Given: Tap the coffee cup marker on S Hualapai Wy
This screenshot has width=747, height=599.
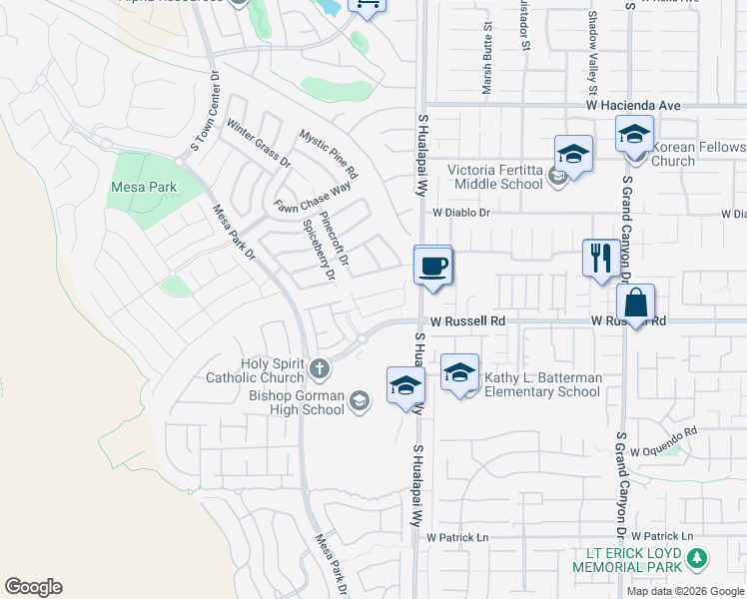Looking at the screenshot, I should coord(433,267).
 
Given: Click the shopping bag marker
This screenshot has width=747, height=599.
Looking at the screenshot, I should coord(636,301).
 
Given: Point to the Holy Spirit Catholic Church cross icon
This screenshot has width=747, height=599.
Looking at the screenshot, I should coord(320,370).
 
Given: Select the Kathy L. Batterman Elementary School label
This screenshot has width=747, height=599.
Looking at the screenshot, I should coord(541,384).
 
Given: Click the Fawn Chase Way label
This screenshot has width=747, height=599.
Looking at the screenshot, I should coord(314,200).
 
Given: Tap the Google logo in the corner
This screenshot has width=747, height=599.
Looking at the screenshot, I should coord(33,586).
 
